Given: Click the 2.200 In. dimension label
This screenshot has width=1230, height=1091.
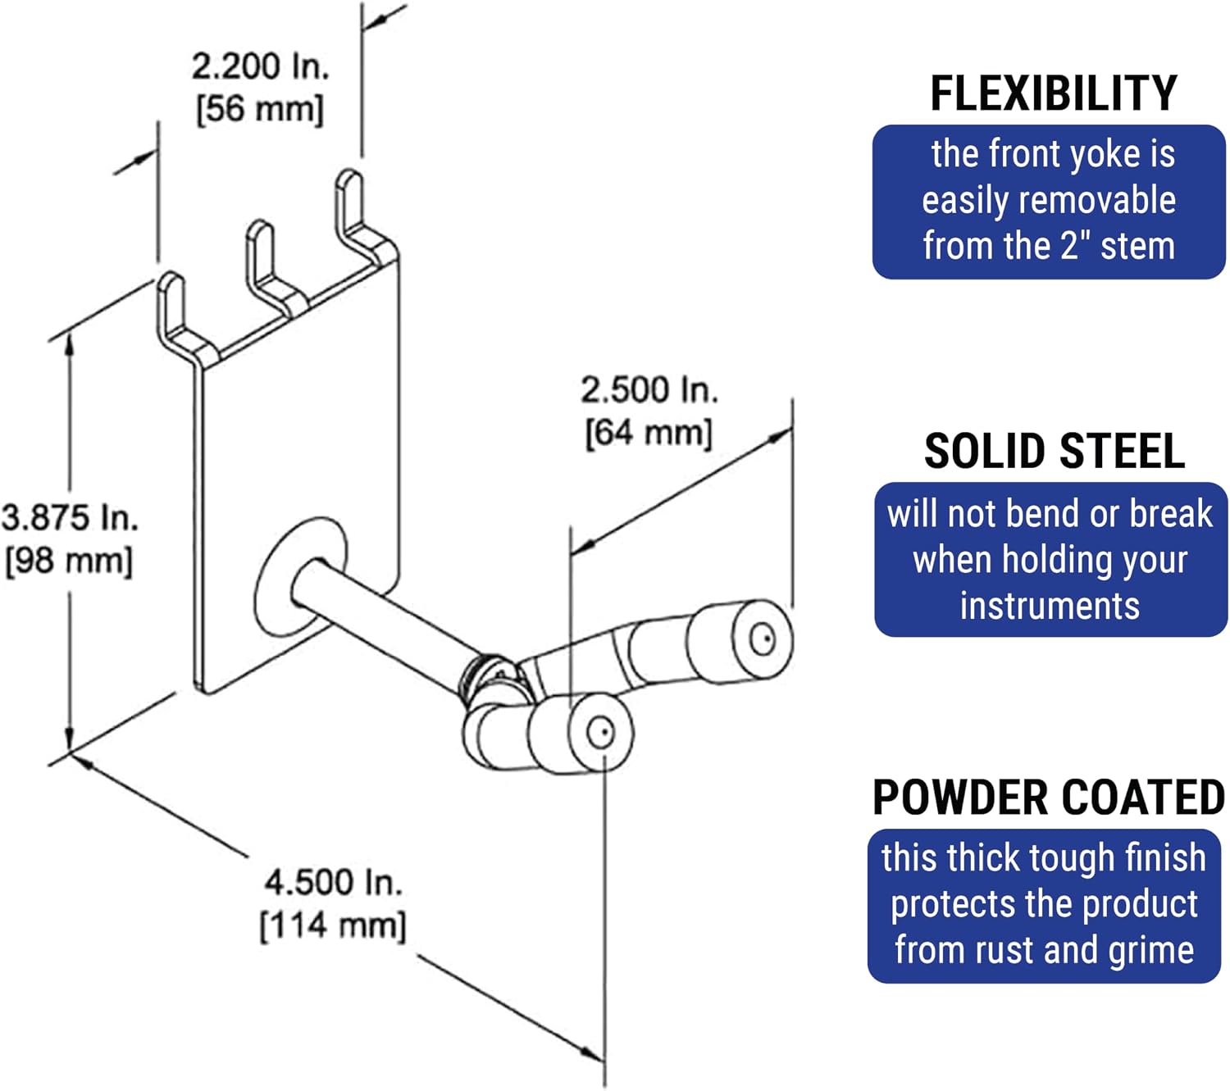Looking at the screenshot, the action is click(x=260, y=66).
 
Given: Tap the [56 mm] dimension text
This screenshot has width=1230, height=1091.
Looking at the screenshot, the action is click(x=260, y=109).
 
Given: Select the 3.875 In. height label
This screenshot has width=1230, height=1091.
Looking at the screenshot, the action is click(x=70, y=517).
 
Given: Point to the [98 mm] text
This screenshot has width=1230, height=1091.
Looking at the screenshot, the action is click(x=69, y=561).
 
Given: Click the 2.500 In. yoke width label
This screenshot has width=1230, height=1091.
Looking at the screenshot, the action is click(x=649, y=389).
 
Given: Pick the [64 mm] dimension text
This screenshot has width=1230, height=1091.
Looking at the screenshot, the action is click(x=649, y=434).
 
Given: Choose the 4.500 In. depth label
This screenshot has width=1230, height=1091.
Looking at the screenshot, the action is click(x=333, y=882).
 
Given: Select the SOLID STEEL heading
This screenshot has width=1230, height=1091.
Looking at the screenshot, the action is click(x=1054, y=452).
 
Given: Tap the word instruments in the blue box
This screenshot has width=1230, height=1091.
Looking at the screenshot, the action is click(x=1050, y=607).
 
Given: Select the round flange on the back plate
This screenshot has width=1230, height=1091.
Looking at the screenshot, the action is click(x=300, y=576).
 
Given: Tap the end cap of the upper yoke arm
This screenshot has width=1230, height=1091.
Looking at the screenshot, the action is click(x=762, y=639).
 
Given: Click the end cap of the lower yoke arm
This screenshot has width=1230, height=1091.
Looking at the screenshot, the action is click(x=600, y=733).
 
